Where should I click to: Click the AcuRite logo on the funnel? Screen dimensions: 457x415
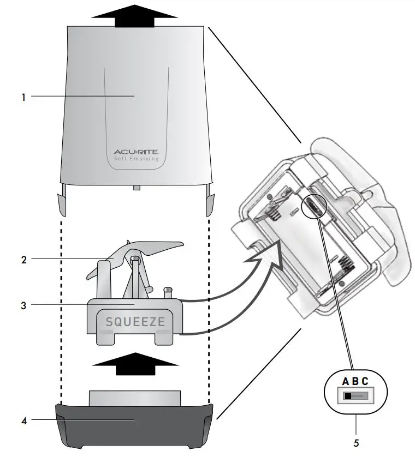coord(135,152)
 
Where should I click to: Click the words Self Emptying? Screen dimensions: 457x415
coord(135,159)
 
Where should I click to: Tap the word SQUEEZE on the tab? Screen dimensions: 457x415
coord(135,322)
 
